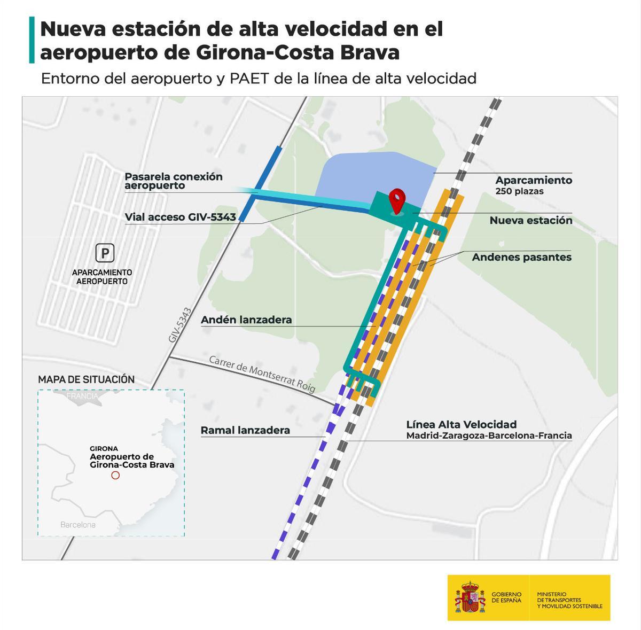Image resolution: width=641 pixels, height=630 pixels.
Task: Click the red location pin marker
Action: [396, 200]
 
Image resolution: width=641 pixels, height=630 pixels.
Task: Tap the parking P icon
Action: [105, 253]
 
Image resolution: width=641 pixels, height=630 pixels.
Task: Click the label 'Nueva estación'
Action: [530, 220]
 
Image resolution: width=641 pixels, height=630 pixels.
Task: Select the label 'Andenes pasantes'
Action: [521, 257]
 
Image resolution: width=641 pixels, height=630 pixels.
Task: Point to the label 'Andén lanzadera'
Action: [246, 320]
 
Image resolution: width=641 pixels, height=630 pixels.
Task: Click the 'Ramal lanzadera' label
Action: [245, 430]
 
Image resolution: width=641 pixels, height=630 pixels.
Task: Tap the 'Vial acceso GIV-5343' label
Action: [180, 216]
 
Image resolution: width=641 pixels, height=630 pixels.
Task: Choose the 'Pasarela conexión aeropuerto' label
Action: [173, 181]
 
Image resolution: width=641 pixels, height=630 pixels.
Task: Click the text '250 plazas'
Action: [519, 191]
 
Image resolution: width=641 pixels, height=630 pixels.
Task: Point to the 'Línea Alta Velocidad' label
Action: [461, 424]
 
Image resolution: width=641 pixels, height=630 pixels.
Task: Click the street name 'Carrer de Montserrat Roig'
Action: [262, 374]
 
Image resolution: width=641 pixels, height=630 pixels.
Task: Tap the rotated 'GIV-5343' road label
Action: [179, 325]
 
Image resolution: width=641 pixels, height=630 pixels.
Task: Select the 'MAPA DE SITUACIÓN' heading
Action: [86, 379]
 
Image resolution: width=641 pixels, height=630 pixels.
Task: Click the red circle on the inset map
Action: [115, 475]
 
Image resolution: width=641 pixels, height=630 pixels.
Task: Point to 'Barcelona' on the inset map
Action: [78, 525]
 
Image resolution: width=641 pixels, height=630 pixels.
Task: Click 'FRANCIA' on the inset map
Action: [83, 396]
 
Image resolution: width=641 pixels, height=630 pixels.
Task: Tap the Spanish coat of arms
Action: [470, 597]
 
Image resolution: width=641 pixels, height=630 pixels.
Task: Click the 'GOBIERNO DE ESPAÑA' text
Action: [506, 597]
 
